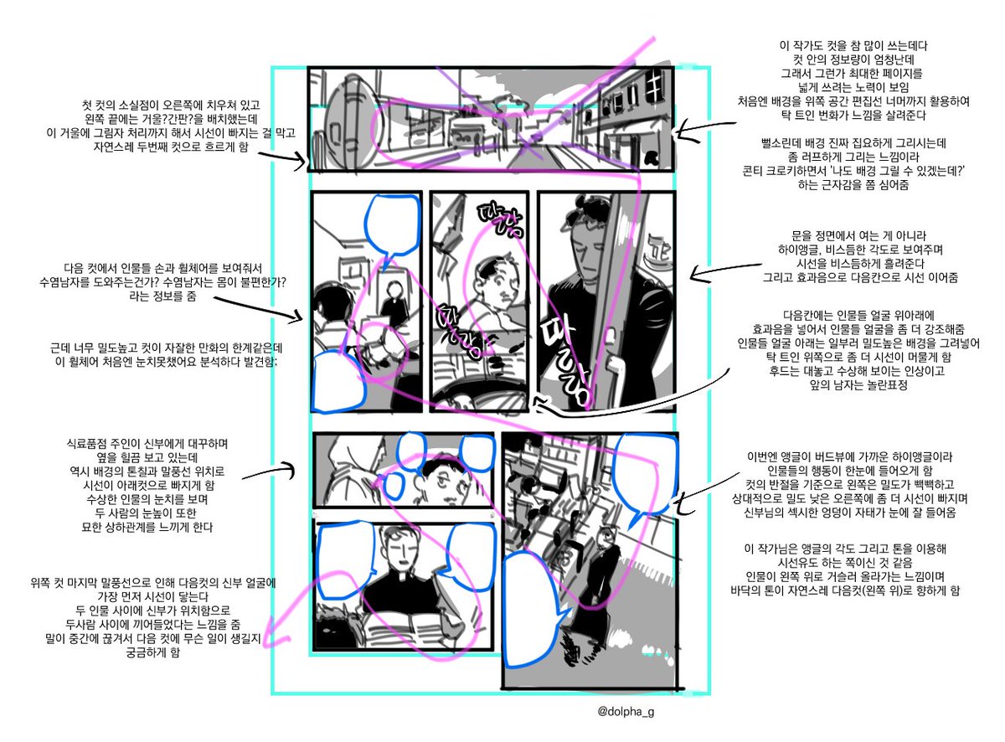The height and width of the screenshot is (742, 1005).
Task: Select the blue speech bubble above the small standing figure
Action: [x=389, y=224]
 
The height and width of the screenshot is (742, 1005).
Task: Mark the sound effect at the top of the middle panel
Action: [x=488, y=218]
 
